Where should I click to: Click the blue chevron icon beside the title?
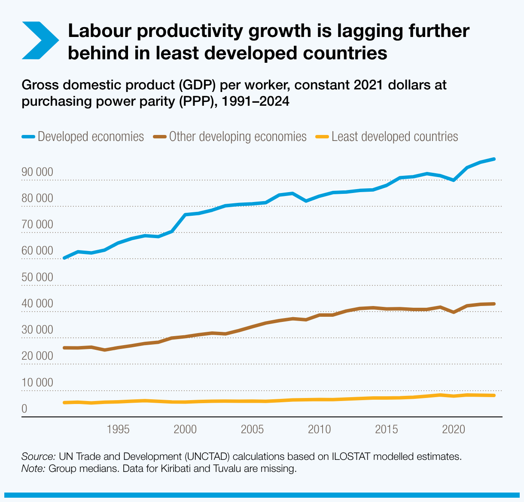tap(40, 41)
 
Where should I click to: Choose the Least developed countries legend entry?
tap(387, 137)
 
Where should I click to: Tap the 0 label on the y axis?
tap(24, 409)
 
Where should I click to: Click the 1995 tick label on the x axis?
tap(118, 429)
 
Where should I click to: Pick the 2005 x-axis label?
tap(253, 429)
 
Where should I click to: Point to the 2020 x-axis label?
tap(454, 429)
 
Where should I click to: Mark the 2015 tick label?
tap(387, 429)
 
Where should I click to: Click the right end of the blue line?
tap(494, 159)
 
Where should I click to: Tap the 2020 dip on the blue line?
tap(454, 180)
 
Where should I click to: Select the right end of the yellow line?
tap(494, 395)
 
